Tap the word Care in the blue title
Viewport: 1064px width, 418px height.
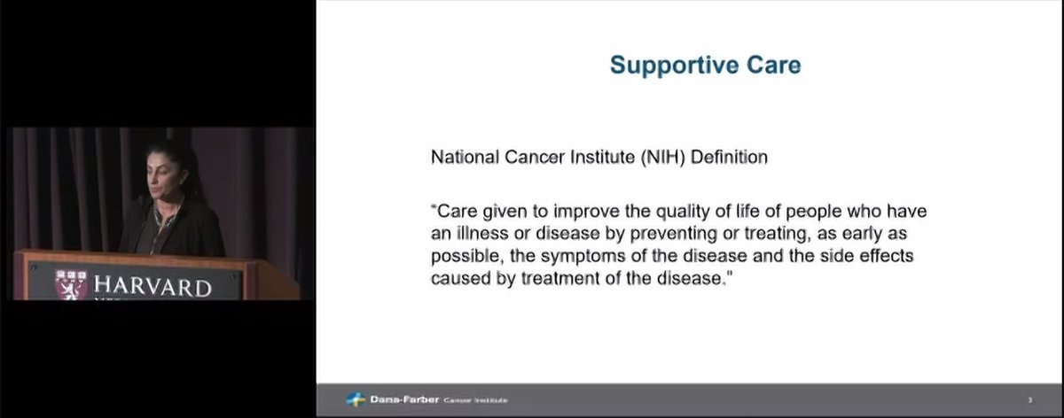[x=771, y=66]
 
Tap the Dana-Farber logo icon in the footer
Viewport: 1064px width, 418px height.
[x=355, y=400]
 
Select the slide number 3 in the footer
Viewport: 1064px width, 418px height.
[x=1029, y=400]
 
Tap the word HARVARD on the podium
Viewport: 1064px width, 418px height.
[x=152, y=287]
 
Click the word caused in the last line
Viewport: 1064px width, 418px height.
[x=457, y=277]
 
